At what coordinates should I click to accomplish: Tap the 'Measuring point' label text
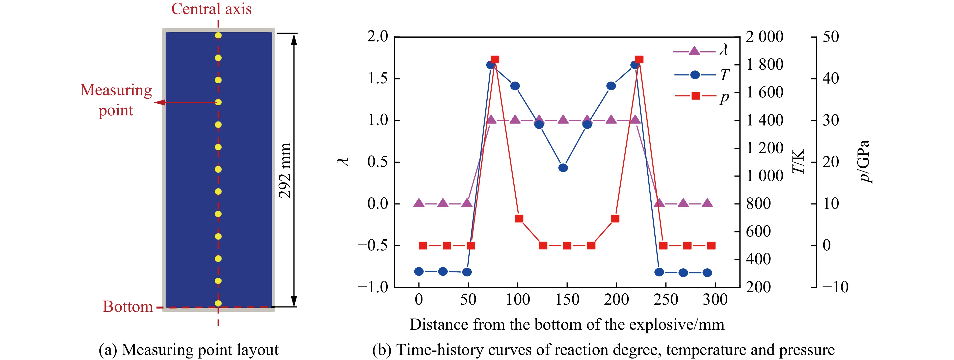pyautogui.click(x=116, y=100)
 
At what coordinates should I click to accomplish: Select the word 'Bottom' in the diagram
pyautogui.click(x=128, y=307)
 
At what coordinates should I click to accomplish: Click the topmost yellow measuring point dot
pyautogui.click(x=218, y=36)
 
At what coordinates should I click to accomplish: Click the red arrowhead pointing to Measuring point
pyautogui.click(x=159, y=102)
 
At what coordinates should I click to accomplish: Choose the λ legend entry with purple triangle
pyautogui.click(x=700, y=50)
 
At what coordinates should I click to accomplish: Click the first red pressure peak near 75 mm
pyautogui.click(x=495, y=60)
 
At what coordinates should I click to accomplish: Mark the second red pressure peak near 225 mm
pyautogui.click(x=639, y=60)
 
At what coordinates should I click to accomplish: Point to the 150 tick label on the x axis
pyautogui.click(x=567, y=299)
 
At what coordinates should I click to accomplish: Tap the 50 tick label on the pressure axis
pyautogui.click(x=831, y=37)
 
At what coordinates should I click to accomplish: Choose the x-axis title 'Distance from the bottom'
pyautogui.click(x=567, y=325)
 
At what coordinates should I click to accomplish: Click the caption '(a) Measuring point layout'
pyautogui.click(x=189, y=350)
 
